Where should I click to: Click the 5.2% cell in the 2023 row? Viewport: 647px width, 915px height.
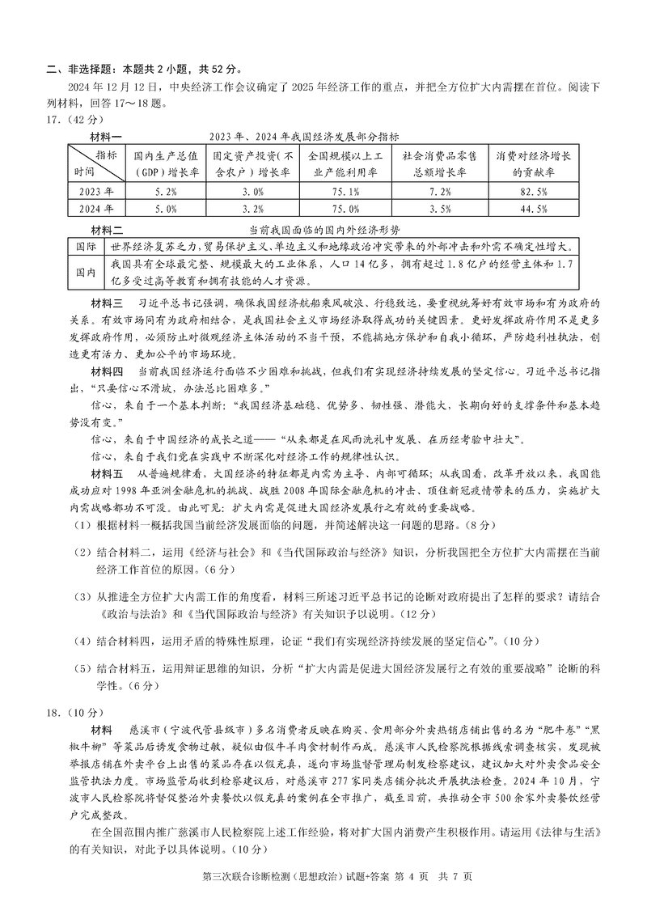[x=164, y=193]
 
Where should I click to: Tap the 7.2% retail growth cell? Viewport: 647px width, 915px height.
[x=439, y=193]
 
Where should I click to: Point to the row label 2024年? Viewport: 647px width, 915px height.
[x=96, y=209]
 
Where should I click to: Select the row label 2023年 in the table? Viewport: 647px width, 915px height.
[x=96, y=193]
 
